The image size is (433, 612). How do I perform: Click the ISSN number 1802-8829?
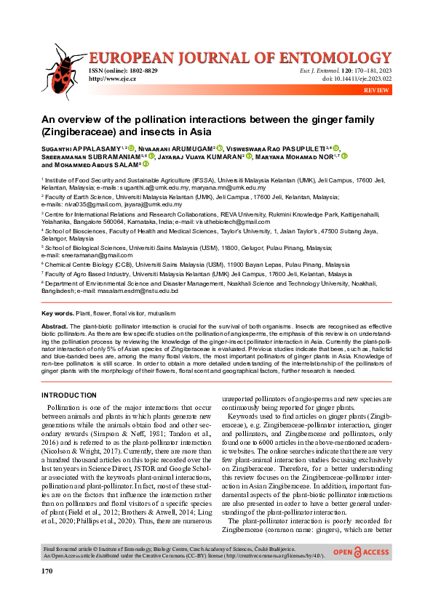[x=140, y=70]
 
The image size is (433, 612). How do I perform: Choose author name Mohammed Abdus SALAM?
[x=96, y=165]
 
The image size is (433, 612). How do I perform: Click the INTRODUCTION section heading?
[x=69, y=395]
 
